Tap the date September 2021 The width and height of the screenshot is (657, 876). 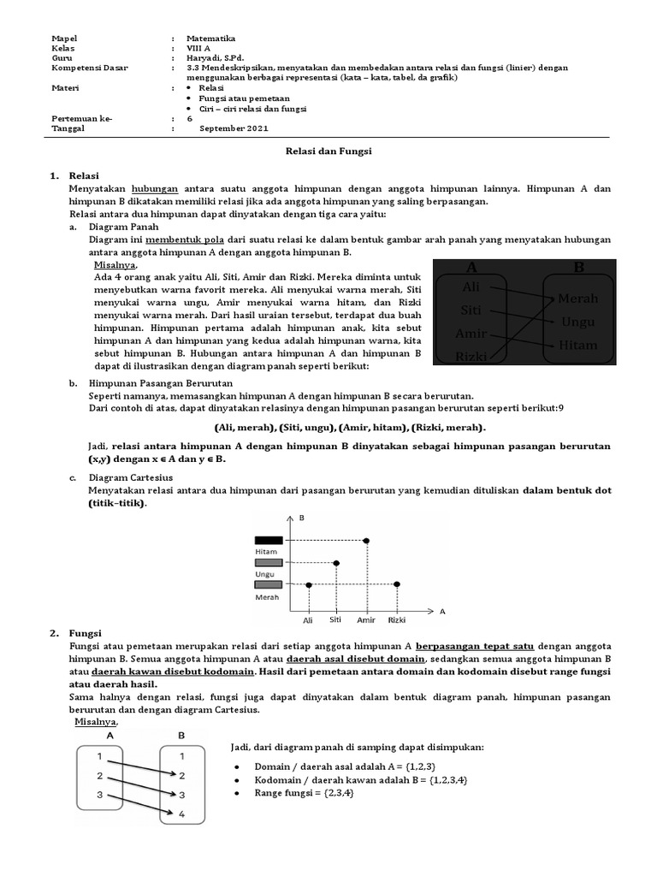tap(234, 128)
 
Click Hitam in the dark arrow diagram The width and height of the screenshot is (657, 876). tap(577, 345)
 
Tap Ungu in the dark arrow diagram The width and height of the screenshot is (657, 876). tap(578, 322)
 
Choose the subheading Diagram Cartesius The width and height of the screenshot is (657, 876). tap(131, 477)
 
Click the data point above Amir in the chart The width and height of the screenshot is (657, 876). tap(366, 541)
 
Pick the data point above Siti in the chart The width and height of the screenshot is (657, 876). tap(336, 563)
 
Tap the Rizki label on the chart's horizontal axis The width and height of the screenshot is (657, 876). tap(396, 619)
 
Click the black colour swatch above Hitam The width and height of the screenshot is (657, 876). tap(268, 540)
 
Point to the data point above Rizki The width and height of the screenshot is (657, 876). tap(397, 584)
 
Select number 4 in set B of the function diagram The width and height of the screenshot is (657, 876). tap(181, 814)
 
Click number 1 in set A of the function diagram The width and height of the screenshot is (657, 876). tap(100, 756)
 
